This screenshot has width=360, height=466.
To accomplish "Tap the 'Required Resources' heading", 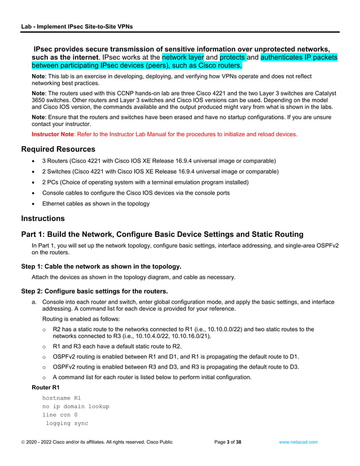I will (58, 150).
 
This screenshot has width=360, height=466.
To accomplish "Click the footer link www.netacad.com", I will (298, 442).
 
